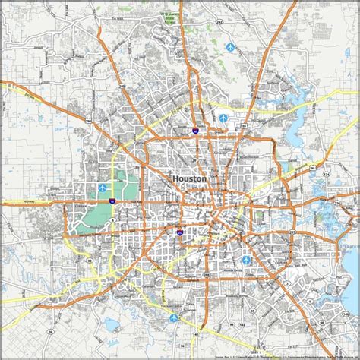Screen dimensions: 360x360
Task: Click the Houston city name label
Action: [189, 178]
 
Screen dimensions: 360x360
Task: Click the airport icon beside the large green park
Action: [104, 187]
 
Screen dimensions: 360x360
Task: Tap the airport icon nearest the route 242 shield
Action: [231, 48]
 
